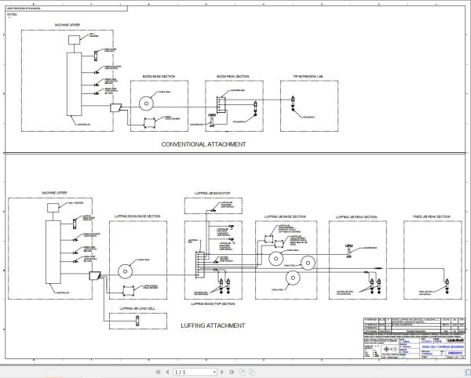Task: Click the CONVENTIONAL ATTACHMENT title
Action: [x=203, y=144]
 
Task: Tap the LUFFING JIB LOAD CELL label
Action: [x=138, y=310]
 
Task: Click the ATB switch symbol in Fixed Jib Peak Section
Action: [x=445, y=277]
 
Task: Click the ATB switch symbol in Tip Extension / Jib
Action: [x=293, y=101]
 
